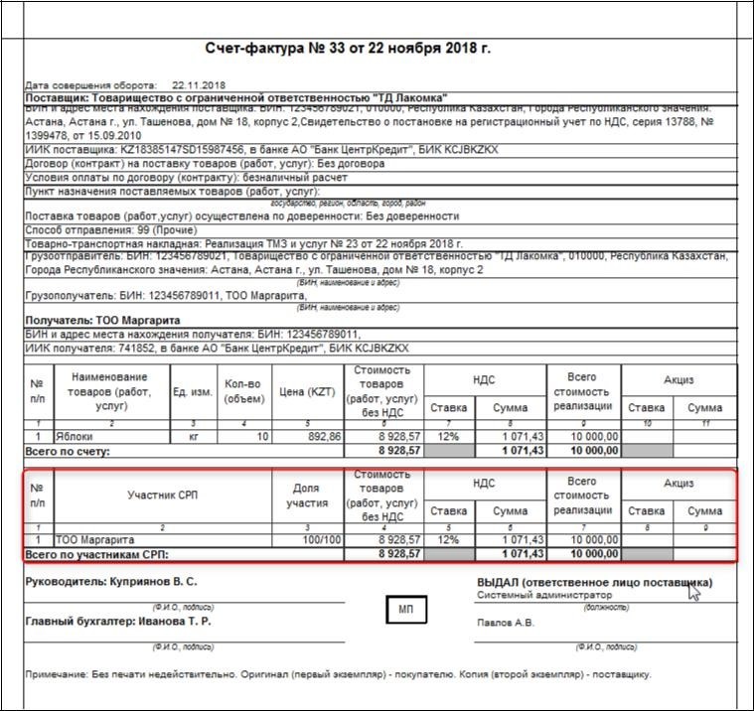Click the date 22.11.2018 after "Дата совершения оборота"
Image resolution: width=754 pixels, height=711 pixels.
point(200,85)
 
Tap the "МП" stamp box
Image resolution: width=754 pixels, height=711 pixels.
point(405,609)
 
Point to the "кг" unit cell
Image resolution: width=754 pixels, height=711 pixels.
point(194,436)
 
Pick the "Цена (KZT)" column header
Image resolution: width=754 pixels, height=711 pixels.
point(308,391)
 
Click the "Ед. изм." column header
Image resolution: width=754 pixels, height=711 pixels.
point(193,391)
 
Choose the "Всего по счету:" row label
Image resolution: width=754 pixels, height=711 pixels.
point(68,450)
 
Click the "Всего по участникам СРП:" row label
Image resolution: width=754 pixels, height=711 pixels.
point(97,553)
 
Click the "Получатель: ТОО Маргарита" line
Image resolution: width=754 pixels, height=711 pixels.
point(102,321)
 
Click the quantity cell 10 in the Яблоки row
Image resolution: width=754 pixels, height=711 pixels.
point(262,436)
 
